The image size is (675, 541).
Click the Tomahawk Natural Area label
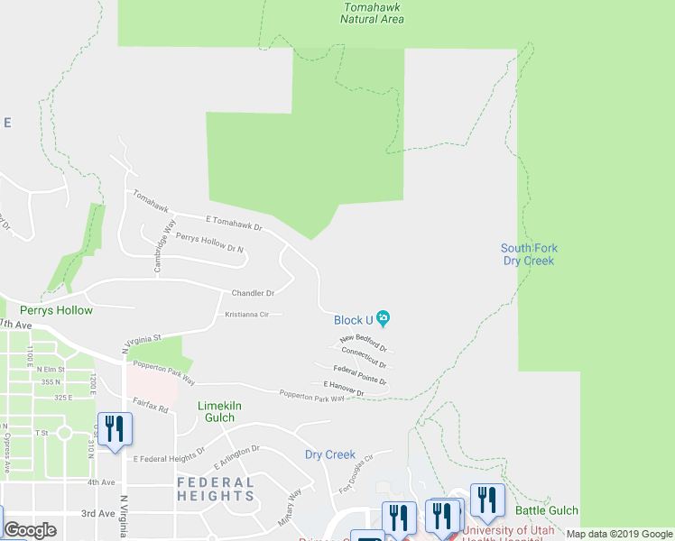point(373,13)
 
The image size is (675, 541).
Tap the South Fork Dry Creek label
point(529,254)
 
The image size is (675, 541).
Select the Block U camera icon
point(384,318)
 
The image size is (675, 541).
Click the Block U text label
point(353,320)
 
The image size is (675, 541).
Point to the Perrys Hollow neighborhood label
point(56,310)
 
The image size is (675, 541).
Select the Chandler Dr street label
point(253,293)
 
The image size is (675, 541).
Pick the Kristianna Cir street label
point(247,315)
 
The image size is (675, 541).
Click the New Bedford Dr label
point(364,343)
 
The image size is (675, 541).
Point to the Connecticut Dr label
point(364,358)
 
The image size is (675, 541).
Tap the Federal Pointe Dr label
point(359,375)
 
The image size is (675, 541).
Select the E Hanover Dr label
point(343,389)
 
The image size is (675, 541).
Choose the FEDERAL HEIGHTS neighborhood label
point(216,489)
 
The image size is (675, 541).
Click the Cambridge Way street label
point(163,246)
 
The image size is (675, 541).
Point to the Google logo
point(30,530)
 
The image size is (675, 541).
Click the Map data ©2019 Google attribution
point(618,534)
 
